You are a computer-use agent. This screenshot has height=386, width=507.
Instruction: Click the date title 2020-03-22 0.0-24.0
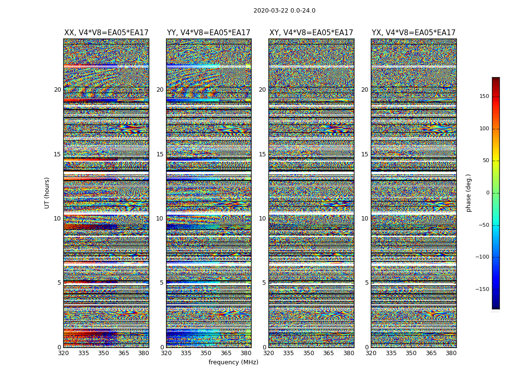pos(284,11)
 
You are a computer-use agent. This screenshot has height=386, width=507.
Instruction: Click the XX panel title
pos(106,33)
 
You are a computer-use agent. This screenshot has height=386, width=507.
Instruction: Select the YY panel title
pos(209,33)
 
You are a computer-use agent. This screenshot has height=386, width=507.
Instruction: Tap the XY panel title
pos(311,33)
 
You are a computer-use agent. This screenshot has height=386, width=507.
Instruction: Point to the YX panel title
pos(414,33)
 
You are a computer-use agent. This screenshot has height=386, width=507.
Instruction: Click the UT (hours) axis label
pos(47,193)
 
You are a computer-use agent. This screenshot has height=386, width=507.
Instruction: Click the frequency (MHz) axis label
pos(233,362)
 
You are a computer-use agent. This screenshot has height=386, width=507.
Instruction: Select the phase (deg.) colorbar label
pos(468,193)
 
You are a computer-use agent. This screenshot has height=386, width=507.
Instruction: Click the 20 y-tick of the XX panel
pos(57,90)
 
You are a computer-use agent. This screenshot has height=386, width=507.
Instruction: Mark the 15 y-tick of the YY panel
pos(160,154)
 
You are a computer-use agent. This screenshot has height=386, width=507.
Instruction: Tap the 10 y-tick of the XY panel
pos(262,219)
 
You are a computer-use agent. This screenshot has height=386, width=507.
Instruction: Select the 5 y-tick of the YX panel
pos(366,283)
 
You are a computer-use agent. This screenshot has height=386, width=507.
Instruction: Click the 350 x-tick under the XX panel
pos(103,353)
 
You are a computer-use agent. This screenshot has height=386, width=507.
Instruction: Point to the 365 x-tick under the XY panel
pos(328,353)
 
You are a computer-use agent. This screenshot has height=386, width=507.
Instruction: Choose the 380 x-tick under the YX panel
pos(451,353)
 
